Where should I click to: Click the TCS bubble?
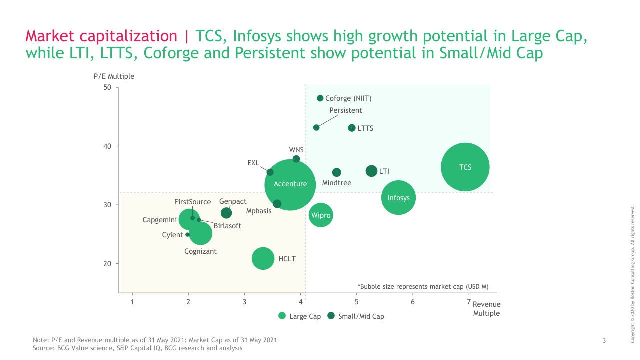click(x=465, y=167)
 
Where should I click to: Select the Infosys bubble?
click(x=398, y=197)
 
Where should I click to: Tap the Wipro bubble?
click(x=321, y=215)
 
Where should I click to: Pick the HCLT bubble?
click(x=263, y=258)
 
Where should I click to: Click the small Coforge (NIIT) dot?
click(x=320, y=98)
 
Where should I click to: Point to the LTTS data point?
click(x=352, y=128)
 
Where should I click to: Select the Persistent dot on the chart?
click(x=316, y=128)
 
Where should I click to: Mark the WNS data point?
click(x=296, y=159)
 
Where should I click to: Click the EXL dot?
click(x=270, y=172)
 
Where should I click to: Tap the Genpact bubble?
click(x=226, y=213)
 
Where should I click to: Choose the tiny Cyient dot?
click(x=188, y=234)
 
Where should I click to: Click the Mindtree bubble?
click(x=337, y=172)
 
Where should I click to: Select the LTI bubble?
click(x=371, y=171)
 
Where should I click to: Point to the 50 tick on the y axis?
click(x=108, y=88)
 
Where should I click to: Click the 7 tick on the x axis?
click(x=469, y=302)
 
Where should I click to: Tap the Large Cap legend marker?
click(x=282, y=316)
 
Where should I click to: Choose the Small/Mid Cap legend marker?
click(x=331, y=316)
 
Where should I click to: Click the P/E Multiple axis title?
click(x=114, y=76)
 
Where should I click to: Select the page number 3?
click(x=604, y=341)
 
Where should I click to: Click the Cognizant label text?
click(x=200, y=251)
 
